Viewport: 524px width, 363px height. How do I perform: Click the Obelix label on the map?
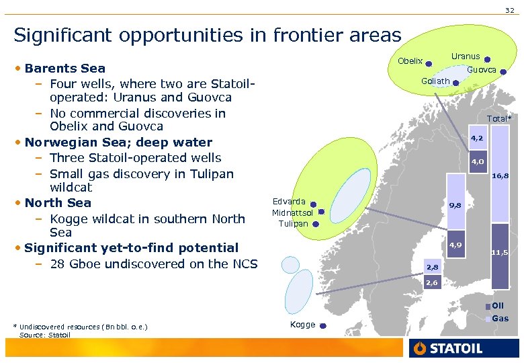tap(410, 61)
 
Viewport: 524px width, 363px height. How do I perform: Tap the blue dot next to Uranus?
tap(486, 59)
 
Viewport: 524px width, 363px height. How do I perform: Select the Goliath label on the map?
tap(435, 81)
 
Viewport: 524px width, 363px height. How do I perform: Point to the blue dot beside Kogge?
tap(322, 326)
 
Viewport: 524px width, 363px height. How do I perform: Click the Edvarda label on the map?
tap(289, 202)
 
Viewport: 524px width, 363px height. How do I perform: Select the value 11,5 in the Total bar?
tap(499, 252)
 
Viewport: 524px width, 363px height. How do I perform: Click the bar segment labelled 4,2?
tap(478, 138)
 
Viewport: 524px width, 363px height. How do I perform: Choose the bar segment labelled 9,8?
tap(455, 205)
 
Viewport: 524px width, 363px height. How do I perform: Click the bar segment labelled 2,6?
tap(431, 283)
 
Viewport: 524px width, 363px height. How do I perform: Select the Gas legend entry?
tap(500, 319)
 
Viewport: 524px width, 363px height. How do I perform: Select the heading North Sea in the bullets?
tap(58, 203)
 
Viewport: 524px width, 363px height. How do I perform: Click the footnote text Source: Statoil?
tap(45, 335)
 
